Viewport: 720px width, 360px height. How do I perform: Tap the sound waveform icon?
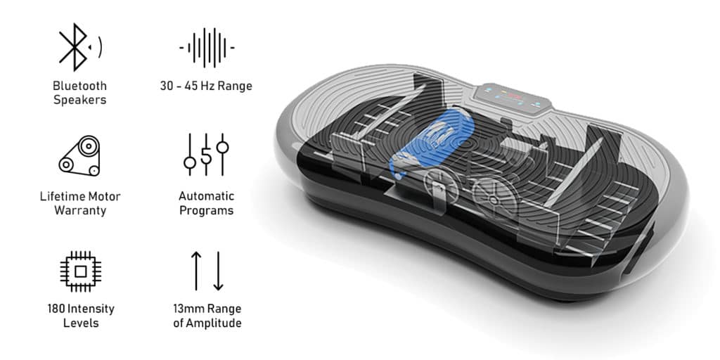coord(207,47)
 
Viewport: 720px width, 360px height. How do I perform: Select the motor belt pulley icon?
coord(79,155)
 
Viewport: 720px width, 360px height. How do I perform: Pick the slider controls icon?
coord(206,155)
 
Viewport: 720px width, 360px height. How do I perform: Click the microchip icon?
coord(80,271)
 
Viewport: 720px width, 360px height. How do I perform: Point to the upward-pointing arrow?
coord(196,271)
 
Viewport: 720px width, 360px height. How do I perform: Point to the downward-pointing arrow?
coord(218,271)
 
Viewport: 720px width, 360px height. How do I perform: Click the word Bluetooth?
coord(79,86)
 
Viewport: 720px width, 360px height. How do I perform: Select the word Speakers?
coord(80,100)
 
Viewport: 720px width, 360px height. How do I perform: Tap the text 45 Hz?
coord(200,86)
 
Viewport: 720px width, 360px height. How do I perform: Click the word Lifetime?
coord(61,197)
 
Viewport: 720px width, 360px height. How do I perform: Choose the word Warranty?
coord(80,211)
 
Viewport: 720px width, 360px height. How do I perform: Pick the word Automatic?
coord(206,196)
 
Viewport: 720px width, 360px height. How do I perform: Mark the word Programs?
coord(206,211)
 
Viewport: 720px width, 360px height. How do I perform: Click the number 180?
coord(56,309)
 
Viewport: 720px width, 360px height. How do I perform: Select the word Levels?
coord(81,323)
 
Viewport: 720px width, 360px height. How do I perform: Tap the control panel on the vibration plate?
coord(513,98)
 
